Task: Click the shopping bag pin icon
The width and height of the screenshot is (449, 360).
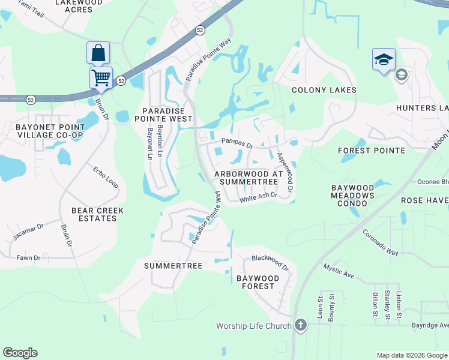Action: click(98, 53)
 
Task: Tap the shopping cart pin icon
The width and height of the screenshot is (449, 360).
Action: click(101, 77)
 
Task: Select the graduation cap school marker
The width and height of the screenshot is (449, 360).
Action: click(384, 59)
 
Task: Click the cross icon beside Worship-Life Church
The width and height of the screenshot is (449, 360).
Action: click(301, 326)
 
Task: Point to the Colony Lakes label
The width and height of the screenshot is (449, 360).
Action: click(324, 90)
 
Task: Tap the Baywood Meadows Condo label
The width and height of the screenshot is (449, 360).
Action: click(352, 196)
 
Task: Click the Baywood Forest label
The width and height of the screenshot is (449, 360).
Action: click(258, 283)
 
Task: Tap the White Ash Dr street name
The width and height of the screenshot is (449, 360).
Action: click(258, 197)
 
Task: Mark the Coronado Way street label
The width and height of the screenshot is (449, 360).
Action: click(381, 242)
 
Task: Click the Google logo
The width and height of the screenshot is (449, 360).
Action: click(20, 353)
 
